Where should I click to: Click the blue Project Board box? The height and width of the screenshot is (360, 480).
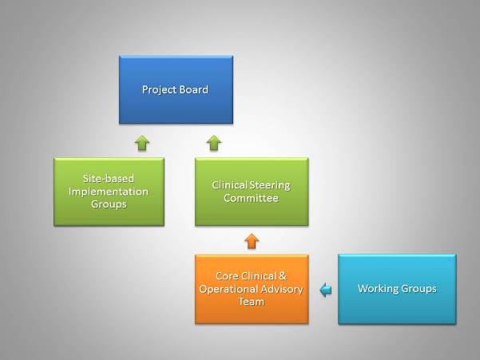tap(176, 89)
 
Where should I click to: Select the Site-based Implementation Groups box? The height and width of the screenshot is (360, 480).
tap(109, 192)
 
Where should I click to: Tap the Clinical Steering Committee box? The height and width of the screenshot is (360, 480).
tap(252, 192)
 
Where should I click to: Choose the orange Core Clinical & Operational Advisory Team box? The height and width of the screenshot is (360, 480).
tap(252, 289)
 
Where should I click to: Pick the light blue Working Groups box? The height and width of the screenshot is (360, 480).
tap(397, 289)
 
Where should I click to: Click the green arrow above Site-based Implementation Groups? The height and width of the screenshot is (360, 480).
tap(142, 143)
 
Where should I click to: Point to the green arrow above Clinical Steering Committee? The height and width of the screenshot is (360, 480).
tap(214, 143)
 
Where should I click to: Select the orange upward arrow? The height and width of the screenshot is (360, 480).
tap(252, 241)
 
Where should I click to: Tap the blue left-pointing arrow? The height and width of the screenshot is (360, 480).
tap(325, 289)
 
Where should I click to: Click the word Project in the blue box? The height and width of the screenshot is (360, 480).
tap(159, 90)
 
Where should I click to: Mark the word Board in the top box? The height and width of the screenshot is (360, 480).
tap(194, 89)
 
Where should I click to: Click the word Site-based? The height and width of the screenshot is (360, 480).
tap(109, 178)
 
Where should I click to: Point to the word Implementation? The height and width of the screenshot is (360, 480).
tap(109, 192)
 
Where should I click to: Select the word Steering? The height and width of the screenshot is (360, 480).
tap(269, 185)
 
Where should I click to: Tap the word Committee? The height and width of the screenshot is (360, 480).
tap(251, 198)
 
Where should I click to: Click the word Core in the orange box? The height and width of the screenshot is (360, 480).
tap(227, 276)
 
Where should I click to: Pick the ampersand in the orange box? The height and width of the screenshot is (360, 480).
tap(282, 276)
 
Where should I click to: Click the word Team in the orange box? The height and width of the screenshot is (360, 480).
tap(252, 302)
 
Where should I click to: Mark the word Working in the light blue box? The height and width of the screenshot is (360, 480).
tap(378, 289)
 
